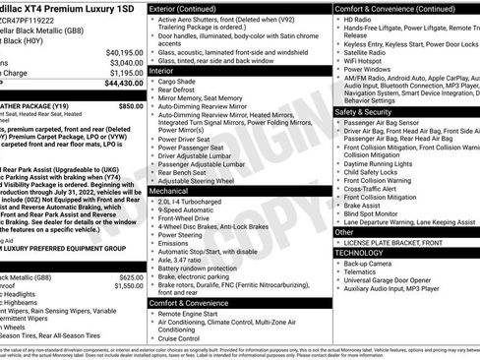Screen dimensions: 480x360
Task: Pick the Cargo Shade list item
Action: click(182, 83)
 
